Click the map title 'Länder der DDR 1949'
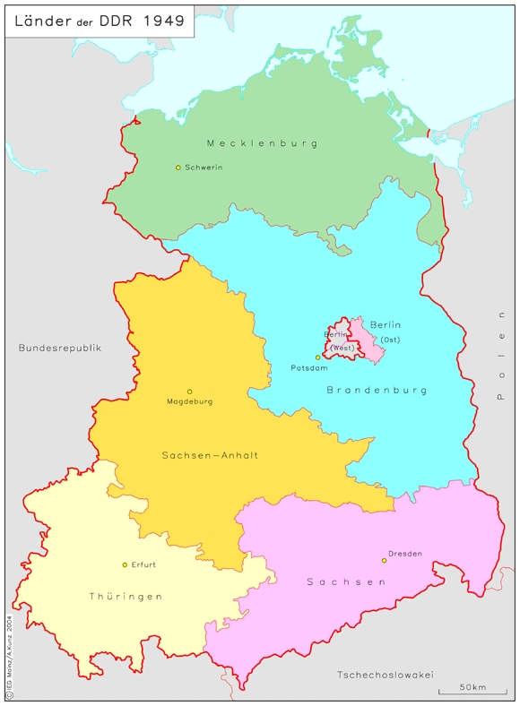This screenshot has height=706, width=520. click(x=100, y=22)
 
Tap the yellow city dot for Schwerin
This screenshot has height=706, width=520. click(x=178, y=168)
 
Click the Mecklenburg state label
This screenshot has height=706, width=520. click(x=262, y=143)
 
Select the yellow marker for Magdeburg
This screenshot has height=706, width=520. click(x=189, y=392)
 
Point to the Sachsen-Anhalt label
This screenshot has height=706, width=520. click(x=210, y=455)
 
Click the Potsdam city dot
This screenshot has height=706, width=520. click(x=317, y=357)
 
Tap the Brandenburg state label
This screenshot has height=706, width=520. click(x=377, y=390)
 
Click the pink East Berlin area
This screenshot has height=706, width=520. click(x=370, y=346)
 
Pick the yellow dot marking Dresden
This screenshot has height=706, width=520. click(x=384, y=561)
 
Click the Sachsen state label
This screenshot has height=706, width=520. click(x=346, y=582)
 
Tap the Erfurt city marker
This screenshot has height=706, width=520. click(x=125, y=564)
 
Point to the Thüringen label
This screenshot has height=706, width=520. click(x=126, y=596)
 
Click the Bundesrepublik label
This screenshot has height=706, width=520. click(x=60, y=348)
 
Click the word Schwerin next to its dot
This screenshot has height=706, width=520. click(x=204, y=168)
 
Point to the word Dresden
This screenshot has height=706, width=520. click(x=405, y=554)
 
